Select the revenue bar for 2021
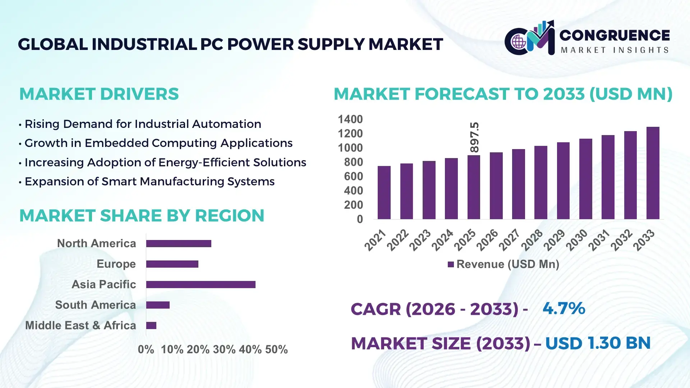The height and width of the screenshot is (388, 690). [x=384, y=193]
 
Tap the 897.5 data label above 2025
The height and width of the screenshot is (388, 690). [x=474, y=138]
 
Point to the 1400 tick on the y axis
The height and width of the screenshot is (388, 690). [x=350, y=119]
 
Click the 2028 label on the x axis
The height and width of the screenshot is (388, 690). [x=532, y=240]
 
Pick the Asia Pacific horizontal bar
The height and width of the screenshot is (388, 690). [x=201, y=285]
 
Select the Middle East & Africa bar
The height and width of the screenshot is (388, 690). [x=151, y=325]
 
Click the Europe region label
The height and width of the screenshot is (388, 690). [x=116, y=264]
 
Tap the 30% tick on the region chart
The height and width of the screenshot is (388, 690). [x=224, y=349]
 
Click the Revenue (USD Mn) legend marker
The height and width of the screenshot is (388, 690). [x=451, y=264]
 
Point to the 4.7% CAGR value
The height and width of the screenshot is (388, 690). [x=563, y=308]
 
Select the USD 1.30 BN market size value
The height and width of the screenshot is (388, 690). [x=598, y=343]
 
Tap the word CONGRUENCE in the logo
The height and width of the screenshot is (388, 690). [x=615, y=35]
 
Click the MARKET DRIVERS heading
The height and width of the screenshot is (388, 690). [x=99, y=94]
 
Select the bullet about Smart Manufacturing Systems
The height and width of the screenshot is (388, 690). [x=149, y=181]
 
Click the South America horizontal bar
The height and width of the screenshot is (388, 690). [x=158, y=305]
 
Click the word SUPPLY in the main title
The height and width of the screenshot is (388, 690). [x=331, y=44]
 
